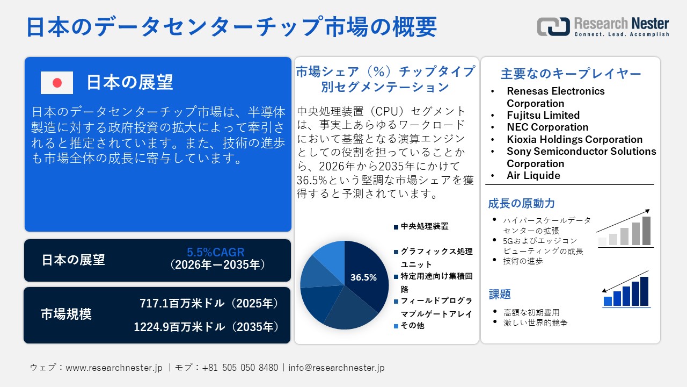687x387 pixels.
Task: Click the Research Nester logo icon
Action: pyautogui.click(x=553, y=26)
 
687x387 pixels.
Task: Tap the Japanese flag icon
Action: pyautogui.click(x=57, y=83)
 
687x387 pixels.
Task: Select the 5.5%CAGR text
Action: pyautogui.click(x=216, y=252)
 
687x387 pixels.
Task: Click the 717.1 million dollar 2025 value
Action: pyautogui.click(x=209, y=304)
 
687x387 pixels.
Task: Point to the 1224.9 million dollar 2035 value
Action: pyautogui.click(x=207, y=326)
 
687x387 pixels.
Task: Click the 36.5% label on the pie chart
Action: pyautogui.click(x=363, y=277)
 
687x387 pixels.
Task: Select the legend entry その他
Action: pyautogui.click(x=412, y=326)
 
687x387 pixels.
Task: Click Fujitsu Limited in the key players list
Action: pyautogui.click(x=543, y=115)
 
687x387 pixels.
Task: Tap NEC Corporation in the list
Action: pyautogui.click(x=547, y=127)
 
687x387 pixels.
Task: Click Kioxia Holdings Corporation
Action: pyautogui.click(x=574, y=139)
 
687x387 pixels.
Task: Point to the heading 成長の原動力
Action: pyautogui.click(x=514, y=204)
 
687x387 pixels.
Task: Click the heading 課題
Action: pyautogui.click(x=500, y=294)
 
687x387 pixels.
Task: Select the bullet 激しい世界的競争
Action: pyautogui.click(x=535, y=323)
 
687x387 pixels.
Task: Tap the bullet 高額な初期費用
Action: pyautogui.click(x=531, y=312)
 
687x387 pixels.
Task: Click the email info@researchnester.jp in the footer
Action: pyautogui.click(x=337, y=368)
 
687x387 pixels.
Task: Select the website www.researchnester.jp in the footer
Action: pyautogui.click(x=114, y=368)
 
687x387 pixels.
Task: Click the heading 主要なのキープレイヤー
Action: pyautogui.click(x=571, y=74)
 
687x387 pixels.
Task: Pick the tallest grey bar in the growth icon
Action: pyautogui.click(x=646, y=231)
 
